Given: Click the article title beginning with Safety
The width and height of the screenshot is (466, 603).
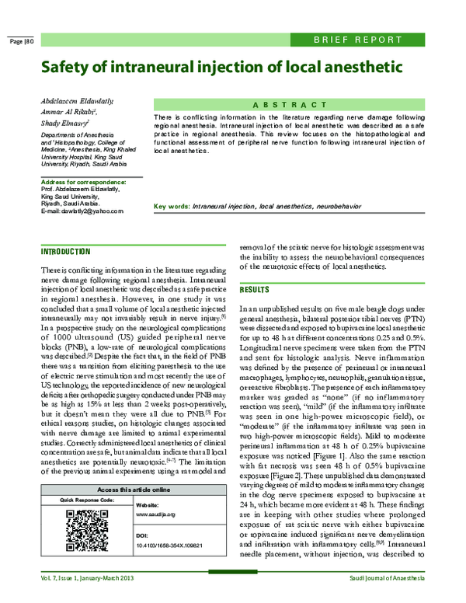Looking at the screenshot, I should click(x=210, y=67).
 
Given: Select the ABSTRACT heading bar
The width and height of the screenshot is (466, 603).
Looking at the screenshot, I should click(x=301, y=104).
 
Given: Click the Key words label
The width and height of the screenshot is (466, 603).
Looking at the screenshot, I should click(x=172, y=207).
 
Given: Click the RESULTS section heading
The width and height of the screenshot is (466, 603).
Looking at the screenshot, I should click(x=254, y=289).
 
